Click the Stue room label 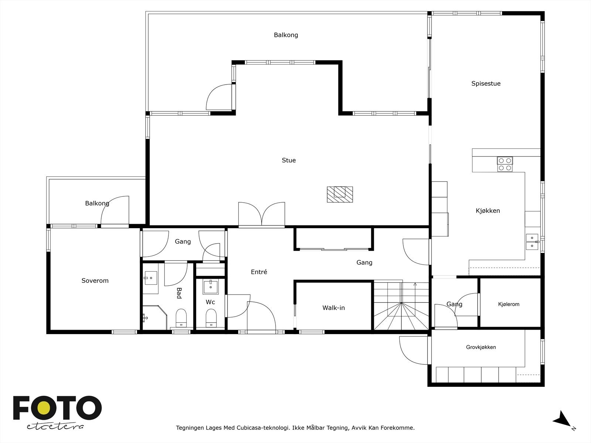click(x=288, y=160)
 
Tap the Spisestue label click(x=486, y=84)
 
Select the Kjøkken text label click(x=488, y=210)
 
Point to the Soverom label click(x=95, y=281)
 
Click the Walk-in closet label click(x=334, y=308)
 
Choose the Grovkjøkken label click(x=481, y=347)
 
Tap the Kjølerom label click(x=509, y=304)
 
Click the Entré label click(x=259, y=272)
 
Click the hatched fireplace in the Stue click(x=340, y=194)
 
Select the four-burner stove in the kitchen click(x=505, y=164)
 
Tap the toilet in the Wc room click(x=211, y=318)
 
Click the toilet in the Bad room click(x=181, y=318)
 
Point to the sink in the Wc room click(x=211, y=287)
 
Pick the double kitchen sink click(x=532, y=242)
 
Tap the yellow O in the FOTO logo click(x=43, y=408)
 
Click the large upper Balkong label click(x=286, y=35)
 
